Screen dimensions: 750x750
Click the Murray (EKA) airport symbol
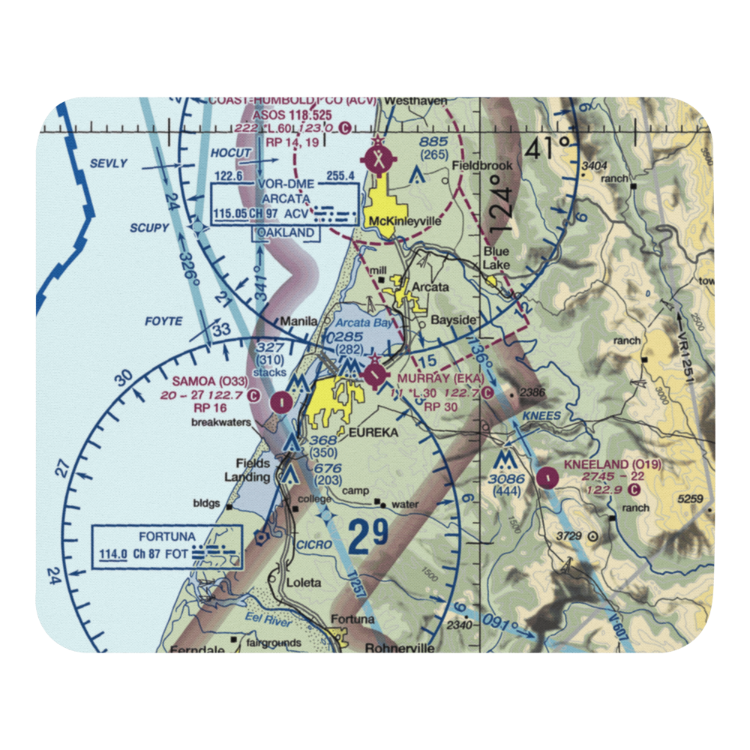[373, 373]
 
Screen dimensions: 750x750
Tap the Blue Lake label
[496, 258]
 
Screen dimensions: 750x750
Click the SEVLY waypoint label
[109, 163]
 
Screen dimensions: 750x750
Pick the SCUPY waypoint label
[150, 228]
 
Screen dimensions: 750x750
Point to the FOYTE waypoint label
[163, 321]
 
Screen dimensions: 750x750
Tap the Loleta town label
[304, 582]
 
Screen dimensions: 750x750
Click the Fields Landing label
[252, 470]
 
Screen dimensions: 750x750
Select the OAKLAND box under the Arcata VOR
[285, 233]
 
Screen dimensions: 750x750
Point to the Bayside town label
[454, 320]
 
